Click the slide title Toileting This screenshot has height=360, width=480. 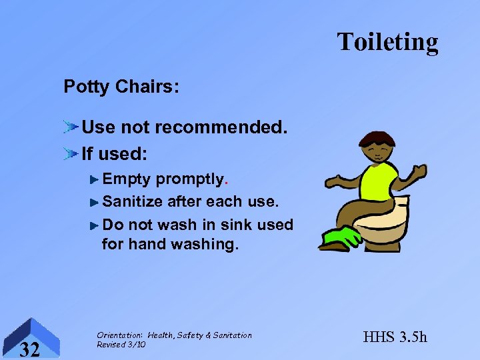[x=387, y=41]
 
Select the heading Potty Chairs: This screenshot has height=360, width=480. [x=121, y=87]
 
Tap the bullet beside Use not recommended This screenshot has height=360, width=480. [x=71, y=126]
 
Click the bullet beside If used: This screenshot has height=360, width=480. [x=71, y=154]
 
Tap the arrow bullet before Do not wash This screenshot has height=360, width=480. [x=95, y=224]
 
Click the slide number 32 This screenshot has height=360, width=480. [x=29, y=348]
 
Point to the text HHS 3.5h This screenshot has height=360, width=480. [x=395, y=337]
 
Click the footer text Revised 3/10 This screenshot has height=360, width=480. [x=121, y=344]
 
